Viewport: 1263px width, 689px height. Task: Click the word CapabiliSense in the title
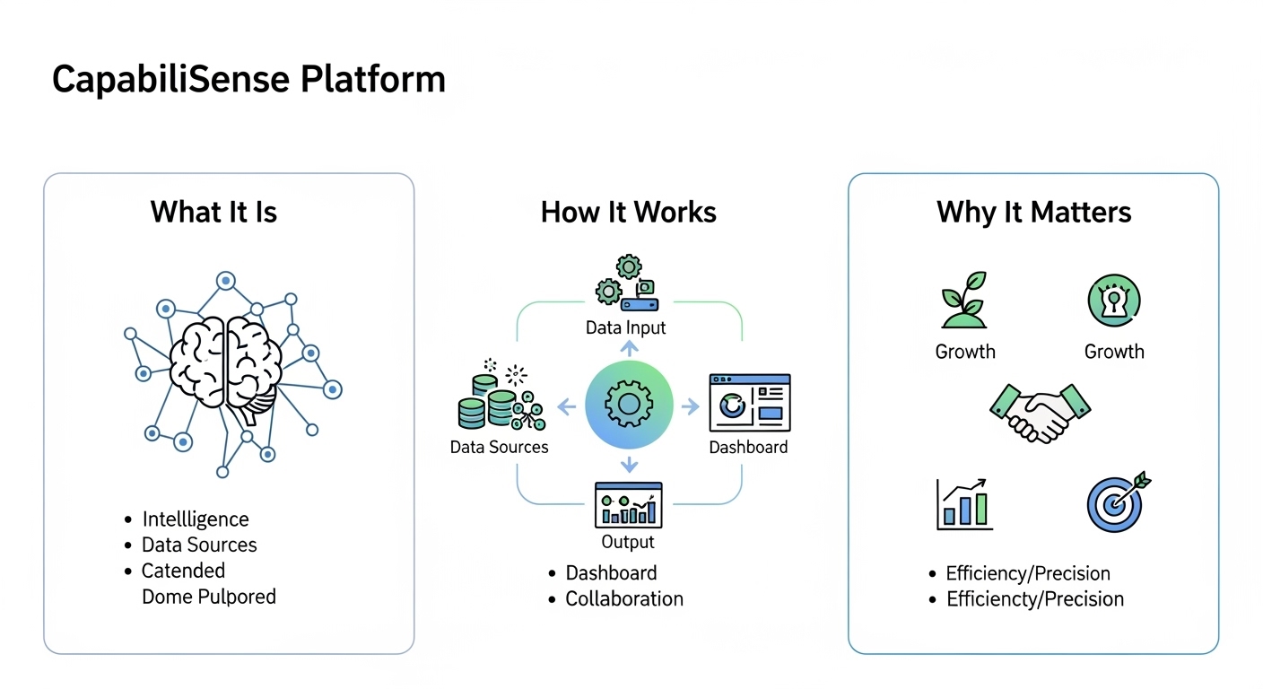pyautogui.click(x=171, y=79)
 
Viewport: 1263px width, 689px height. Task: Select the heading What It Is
pyautogui.click(x=213, y=213)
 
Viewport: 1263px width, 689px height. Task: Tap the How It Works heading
pyautogui.click(x=628, y=213)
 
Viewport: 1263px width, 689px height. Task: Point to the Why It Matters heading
pyautogui.click(x=1033, y=213)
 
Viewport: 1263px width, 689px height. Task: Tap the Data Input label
pyautogui.click(x=625, y=327)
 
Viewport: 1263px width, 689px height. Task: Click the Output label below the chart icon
pyautogui.click(x=627, y=542)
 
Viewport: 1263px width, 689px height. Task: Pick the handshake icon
pyautogui.click(x=1040, y=412)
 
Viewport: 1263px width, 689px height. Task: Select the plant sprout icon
pyautogui.click(x=963, y=301)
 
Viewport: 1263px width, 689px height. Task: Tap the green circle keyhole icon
pyautogui.click(x=1113, y=301)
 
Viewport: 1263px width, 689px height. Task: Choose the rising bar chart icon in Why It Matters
pyautogui.click(x=964, y=503)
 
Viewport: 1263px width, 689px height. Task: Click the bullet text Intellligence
pyautogui.click(x=195, y=519)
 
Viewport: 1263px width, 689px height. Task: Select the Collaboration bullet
pyautogui.click(x=623, y=598)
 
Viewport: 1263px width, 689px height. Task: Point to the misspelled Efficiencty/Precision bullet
pyautogui.click(x=1034, y=598)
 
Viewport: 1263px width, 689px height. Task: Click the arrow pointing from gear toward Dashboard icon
pyautogui.click(x=689, y=407)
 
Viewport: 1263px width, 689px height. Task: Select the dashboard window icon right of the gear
pyautogui.click(x=749, y=404)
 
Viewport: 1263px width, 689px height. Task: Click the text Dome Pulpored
pyautogui.click(x=208, y=597)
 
